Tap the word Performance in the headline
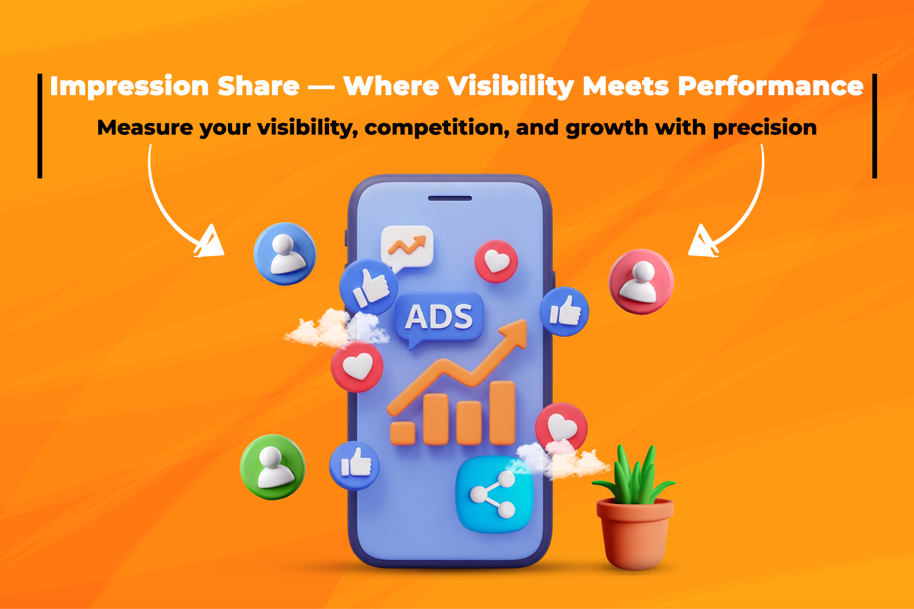[771, 87]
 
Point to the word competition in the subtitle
[436, 128]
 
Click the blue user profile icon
[285, 254]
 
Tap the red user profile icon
[641, 281]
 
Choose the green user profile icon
[273, 467]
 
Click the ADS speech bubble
[439, 317]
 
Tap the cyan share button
[493, 494]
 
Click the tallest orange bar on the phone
[502, 412]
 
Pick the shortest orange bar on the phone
[402, 432]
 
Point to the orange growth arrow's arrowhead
[515, 332]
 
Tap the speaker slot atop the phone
[450, 198]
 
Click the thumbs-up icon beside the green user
[355, 465]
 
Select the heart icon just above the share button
[561, 427]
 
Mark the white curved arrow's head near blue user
[210, 243]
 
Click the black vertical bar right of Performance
[874, 125]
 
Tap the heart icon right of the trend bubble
[496, 261]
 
